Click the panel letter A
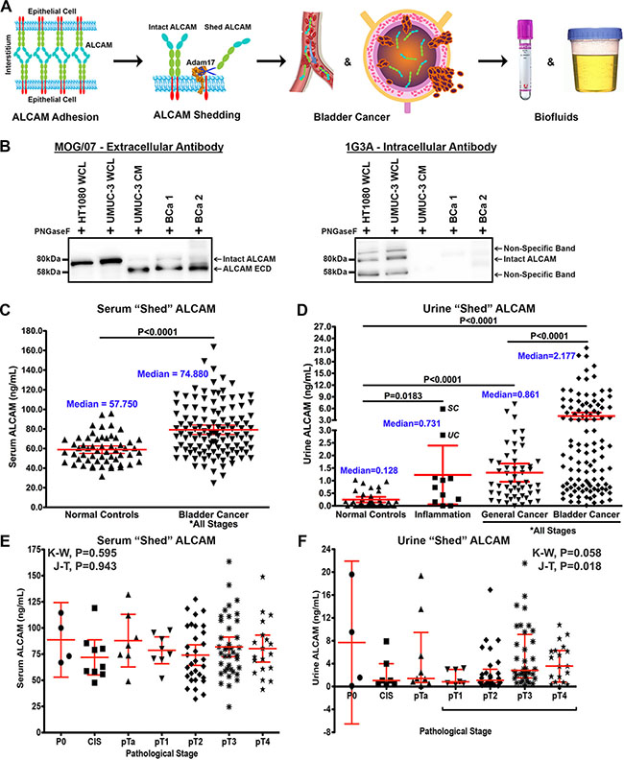coord(8,8)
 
